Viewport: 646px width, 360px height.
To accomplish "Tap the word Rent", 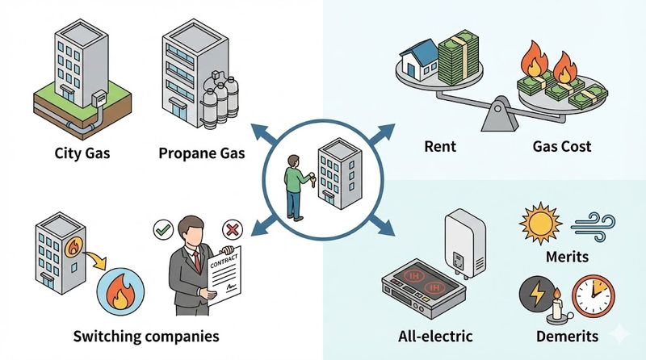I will click(440, 147).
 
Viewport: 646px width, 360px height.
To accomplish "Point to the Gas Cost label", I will click(562, 147).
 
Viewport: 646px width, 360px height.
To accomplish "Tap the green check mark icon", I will click(162, 230).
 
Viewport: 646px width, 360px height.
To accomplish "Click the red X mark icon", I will click(232, 230).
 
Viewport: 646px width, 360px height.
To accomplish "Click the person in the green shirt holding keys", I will click(296, 183).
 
